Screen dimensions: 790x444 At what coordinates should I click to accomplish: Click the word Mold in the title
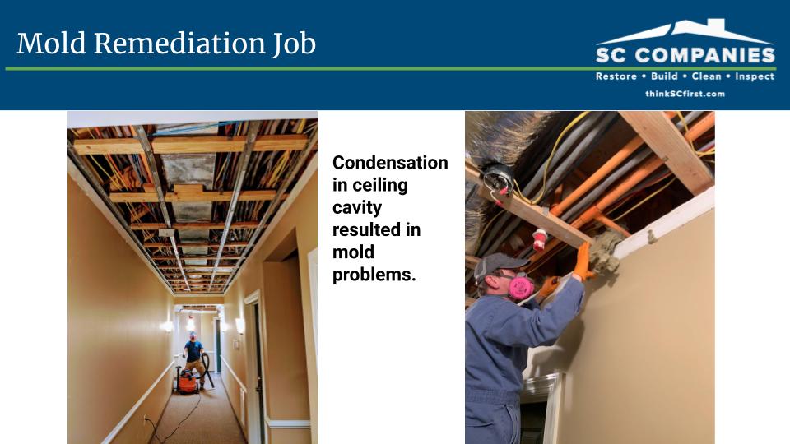51,44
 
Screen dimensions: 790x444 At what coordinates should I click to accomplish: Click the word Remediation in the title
180,44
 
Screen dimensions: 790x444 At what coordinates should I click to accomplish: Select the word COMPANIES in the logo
705,55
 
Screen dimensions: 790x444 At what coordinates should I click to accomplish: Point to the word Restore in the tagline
616,76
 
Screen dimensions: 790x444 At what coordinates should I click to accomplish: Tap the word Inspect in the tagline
755,76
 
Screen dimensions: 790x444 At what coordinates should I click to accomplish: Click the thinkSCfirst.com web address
685,94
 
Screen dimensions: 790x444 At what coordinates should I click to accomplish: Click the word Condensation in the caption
390,163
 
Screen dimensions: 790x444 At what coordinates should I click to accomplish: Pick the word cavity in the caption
356,208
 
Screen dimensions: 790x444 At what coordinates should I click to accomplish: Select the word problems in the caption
374,275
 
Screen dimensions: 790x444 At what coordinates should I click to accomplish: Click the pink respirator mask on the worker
521,285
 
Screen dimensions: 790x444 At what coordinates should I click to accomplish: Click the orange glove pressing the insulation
583,261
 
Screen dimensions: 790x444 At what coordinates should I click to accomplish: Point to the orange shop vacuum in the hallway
187,381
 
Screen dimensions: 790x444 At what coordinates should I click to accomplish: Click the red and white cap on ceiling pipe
540,239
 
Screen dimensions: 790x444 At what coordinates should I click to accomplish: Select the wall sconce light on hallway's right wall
240,326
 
